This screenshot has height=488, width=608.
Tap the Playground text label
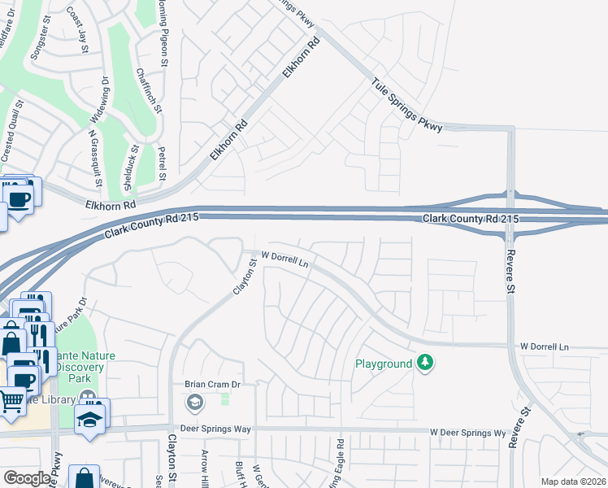coord(384,364)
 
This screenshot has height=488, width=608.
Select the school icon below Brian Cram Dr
coord(195,401)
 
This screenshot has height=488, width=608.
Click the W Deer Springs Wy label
coord(467,432)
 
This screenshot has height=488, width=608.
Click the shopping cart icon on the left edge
coord(11,400)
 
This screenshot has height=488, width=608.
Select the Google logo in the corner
coord(27,478)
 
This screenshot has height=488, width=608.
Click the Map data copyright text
coord(574,481)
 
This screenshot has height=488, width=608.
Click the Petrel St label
coord(163,162)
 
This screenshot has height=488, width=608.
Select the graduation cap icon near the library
coord(88,418)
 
